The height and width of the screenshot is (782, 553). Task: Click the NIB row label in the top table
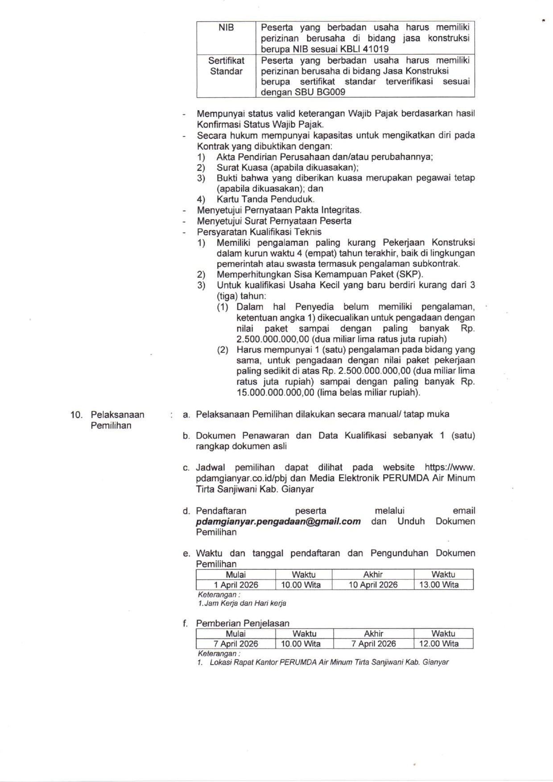click(226, 28)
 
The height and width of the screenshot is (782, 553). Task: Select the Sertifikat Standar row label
click(226, 66)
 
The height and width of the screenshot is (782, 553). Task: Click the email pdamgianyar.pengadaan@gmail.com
click(278, 521)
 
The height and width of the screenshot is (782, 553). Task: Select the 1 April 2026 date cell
click(235, 585)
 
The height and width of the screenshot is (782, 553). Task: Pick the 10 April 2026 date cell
click(373, 585)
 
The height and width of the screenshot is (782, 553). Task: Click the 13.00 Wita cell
click(439, 585)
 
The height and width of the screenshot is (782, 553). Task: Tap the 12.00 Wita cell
click(439, 644)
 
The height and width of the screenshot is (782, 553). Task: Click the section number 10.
click(76, 415)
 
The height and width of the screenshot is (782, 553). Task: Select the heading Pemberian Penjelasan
click(243, 623)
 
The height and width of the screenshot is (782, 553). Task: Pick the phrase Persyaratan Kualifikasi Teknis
click(259, 232)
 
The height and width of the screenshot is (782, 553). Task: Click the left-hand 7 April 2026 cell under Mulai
click(235, 644)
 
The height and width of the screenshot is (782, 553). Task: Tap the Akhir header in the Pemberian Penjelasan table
click(373, 633)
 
